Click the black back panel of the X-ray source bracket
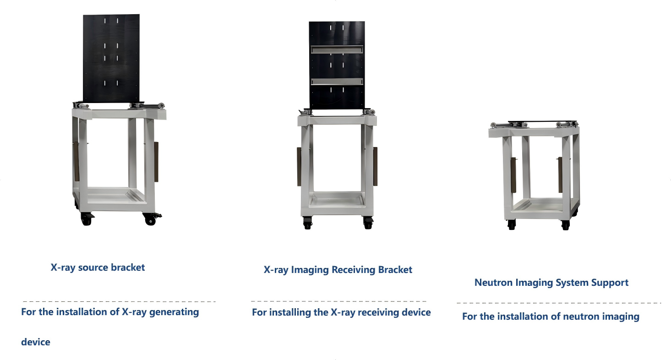111,58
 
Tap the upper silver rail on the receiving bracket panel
337,49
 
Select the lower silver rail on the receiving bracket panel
337,82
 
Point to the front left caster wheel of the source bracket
87,219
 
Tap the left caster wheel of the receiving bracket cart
307,223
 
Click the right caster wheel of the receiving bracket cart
368,223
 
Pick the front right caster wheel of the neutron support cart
565,225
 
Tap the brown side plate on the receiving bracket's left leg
299,167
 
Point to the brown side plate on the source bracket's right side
156,162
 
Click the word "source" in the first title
93,267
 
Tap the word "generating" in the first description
174,312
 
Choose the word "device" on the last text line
36,342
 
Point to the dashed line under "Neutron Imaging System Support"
559,303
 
